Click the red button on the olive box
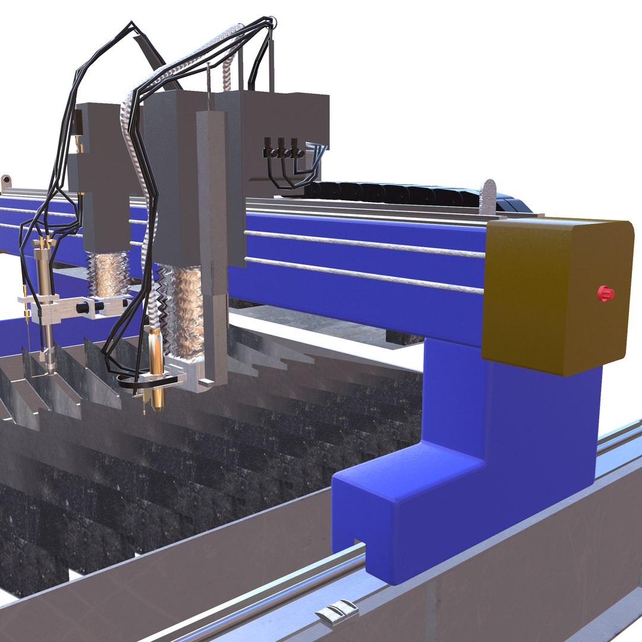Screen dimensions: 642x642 605,293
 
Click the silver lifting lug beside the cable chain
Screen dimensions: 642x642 488,197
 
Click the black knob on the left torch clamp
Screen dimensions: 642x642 83,307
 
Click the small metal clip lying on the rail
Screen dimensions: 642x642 338,612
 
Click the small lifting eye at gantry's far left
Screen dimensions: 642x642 6,180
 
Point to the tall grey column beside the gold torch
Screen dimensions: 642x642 213,238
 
